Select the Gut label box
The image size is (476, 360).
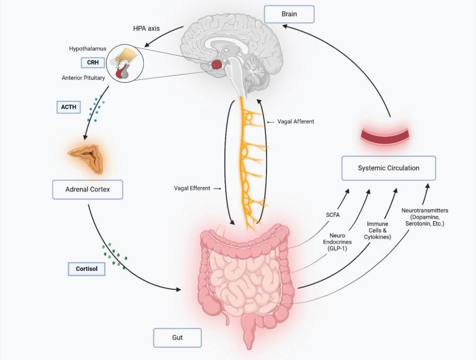click(x=177, y=338)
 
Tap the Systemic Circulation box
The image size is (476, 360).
click(x=389, y=168)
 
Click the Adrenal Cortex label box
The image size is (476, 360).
click(x=87, y=189)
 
